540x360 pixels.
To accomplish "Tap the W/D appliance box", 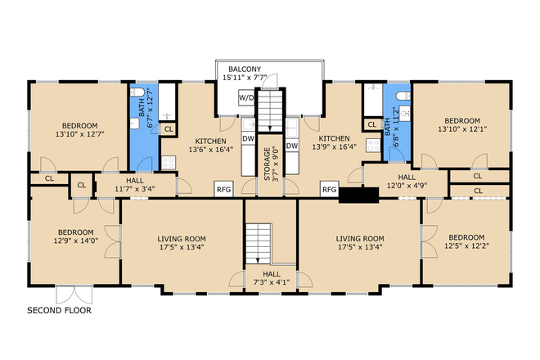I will tap(245, 98).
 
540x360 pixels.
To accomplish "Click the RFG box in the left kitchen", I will tap(223, 189).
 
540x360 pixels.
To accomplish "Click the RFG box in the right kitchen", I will tap(329, 189).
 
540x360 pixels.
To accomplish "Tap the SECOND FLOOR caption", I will tap(60, 311).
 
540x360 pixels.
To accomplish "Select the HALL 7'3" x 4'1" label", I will tap(271, 278).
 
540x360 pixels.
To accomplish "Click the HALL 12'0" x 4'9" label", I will tap(407, 182).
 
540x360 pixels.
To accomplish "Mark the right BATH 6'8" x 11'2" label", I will tap(397, 122).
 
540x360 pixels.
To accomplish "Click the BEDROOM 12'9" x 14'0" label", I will tap(75, 236).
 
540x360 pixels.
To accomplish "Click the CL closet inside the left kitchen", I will tap(169, 128).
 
